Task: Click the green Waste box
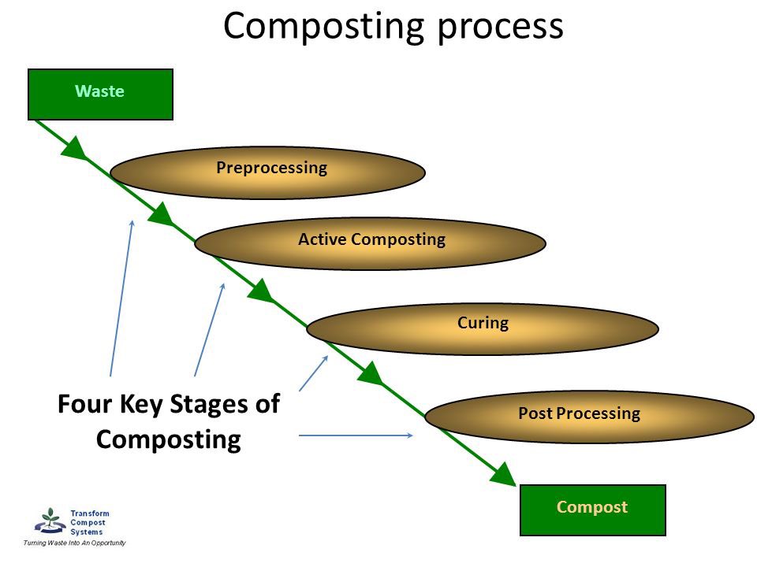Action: coord(100,94)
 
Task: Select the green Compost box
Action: coord(592,510)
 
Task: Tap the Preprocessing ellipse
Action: coord(267,172)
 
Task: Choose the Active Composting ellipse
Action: coord(370,243)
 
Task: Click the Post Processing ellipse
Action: coord(589,417)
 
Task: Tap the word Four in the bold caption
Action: coord(86,404)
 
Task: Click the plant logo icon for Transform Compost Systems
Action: coord(50,521)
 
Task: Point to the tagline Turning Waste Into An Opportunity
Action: coord(74,543)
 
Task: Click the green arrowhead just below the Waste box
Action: coord(75,147)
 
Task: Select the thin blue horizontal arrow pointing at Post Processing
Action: coord(356,435)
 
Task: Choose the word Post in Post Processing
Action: coord(535,413)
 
